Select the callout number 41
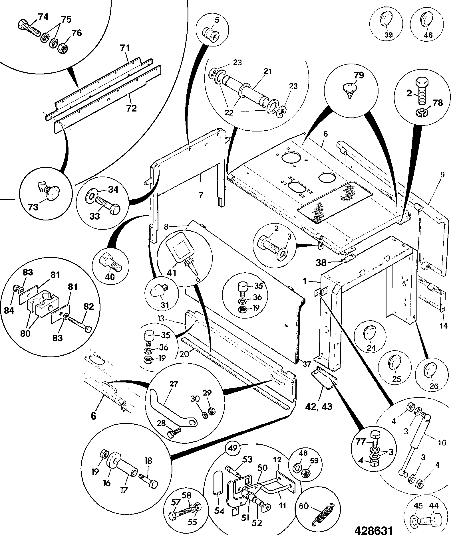pos(172,273)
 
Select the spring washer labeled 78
pos(422,113)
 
